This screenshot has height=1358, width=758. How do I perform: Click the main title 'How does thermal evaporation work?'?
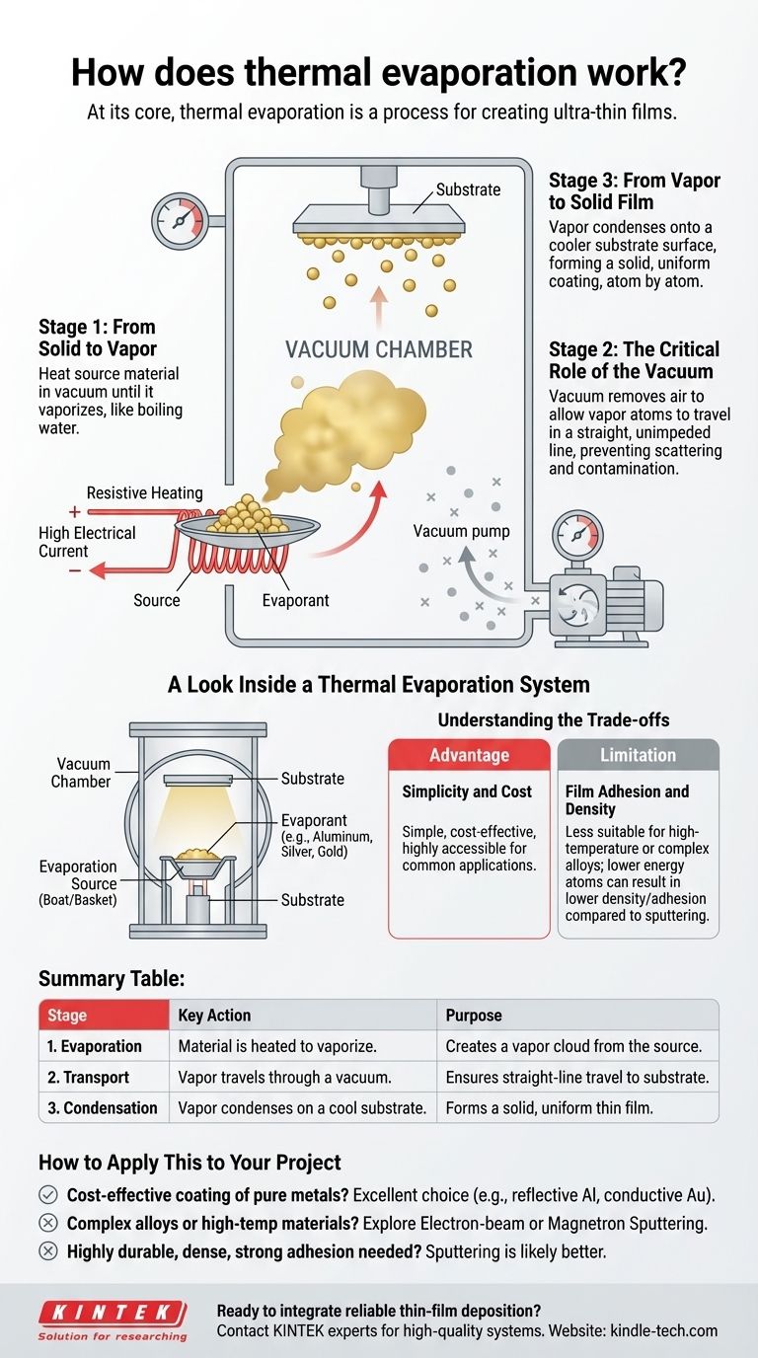tap(379, 73)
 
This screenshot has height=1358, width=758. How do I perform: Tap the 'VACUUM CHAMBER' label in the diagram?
tap(378, 349)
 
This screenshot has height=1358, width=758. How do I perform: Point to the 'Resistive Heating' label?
tap(144, 492)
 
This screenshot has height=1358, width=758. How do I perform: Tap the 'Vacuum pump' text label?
tap(462, 531)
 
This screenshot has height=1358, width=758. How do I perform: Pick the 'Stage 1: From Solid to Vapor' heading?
tap(97, 338)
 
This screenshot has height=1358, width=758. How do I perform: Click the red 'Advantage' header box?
tap(469, 755)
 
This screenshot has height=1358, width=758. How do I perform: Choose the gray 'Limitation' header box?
tap(638, 755)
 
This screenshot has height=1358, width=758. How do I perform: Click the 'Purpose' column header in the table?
tap(474, 1015)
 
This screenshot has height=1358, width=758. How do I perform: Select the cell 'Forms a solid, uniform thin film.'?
tap(549, 1107)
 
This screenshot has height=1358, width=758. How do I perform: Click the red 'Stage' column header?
tap(67, 1015)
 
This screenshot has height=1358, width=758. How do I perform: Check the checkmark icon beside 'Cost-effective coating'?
tap(47, 1194)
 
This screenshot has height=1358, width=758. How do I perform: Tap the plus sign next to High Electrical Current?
tap(74, 512)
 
